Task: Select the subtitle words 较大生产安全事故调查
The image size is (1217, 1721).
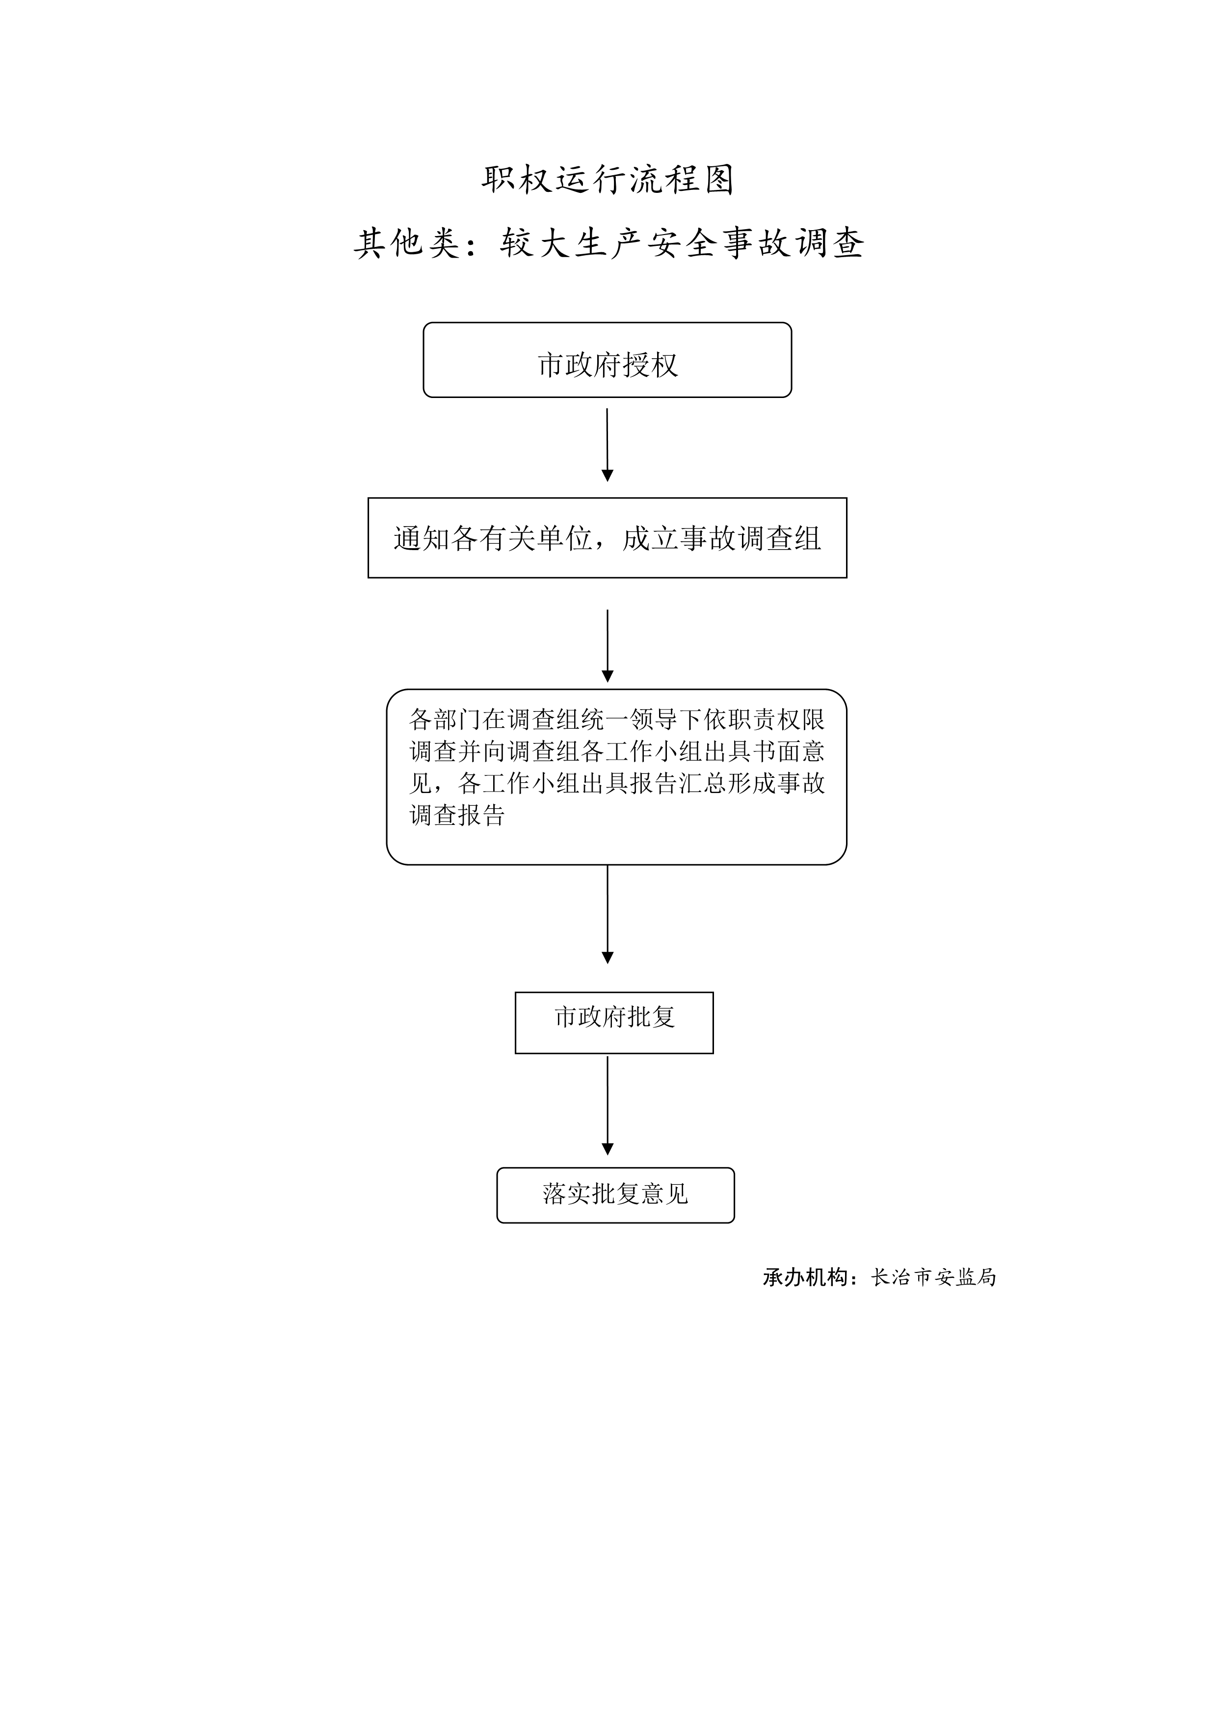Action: [682, 243]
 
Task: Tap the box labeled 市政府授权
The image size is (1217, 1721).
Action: [607, 360]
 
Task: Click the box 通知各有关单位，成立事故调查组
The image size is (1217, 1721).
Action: [607, 537]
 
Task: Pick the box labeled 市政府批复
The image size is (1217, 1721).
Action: [614, 1022]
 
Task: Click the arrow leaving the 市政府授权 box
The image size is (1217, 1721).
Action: [607, 445]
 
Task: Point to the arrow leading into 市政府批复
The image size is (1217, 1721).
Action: [607, 914]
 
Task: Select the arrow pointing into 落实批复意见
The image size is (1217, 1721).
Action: [607, 1106]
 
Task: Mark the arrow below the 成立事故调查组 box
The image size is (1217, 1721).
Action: [607, 645]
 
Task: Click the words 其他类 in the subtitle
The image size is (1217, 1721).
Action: [407, 243]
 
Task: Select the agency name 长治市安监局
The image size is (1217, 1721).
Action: [933, 1277]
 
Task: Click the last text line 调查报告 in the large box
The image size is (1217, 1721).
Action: [457, 815]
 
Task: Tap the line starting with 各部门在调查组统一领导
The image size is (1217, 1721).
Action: [617, 719]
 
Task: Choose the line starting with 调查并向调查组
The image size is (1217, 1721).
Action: [617, 751]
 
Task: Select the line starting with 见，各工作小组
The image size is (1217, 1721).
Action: [617, 783]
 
